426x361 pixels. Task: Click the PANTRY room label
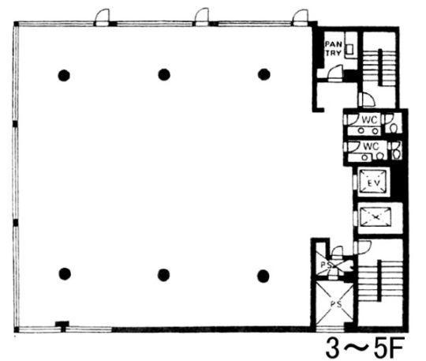[x=334, y=48]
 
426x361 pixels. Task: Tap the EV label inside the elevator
[x=374, y=183]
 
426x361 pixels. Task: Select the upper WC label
[x=370, y=120]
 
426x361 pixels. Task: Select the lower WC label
[x=371, y=146]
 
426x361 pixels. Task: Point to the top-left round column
[x=64, y=75]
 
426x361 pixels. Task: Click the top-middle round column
[x=164, y=74]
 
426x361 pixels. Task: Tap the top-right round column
[x=263, y=74]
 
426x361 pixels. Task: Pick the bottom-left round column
[x=65, y=273]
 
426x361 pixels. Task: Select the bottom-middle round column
[x=164, y=275]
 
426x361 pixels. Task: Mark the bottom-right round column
[x=263, y=276]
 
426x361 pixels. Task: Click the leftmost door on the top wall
[x=102, y=17]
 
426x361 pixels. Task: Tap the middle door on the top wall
[x=202, y=17]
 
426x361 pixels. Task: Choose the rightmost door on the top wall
[x=300, y=17]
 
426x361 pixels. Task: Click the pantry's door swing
[x=335, y=73]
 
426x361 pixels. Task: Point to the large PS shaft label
[x=336, y=304]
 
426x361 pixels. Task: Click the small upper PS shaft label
[x=326, y=265]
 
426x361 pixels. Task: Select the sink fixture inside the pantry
[x=349, y=49]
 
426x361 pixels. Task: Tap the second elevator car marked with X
[x=376, y=216]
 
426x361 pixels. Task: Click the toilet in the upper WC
[x=394, y=127]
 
